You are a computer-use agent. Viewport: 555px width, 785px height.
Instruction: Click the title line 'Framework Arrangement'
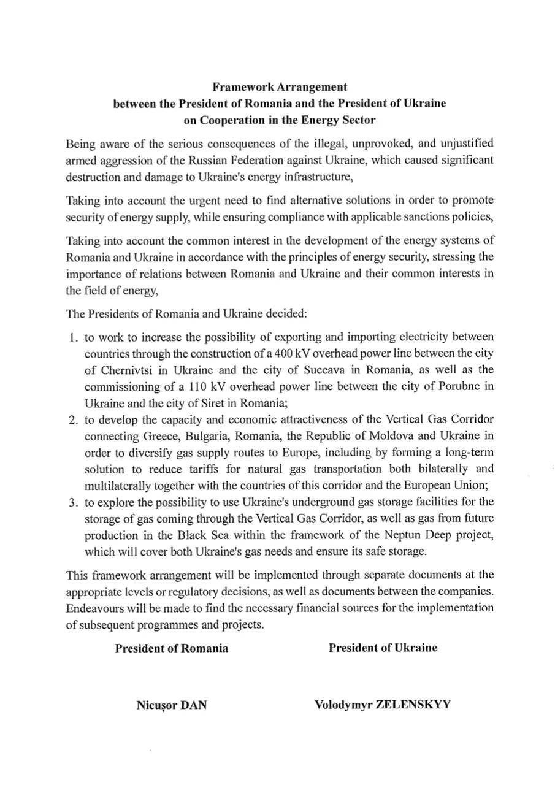280,87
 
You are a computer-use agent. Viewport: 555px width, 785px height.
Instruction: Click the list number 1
72,337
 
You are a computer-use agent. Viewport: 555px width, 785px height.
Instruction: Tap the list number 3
72,502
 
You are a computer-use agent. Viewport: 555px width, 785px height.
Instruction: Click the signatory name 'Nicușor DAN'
171,705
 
